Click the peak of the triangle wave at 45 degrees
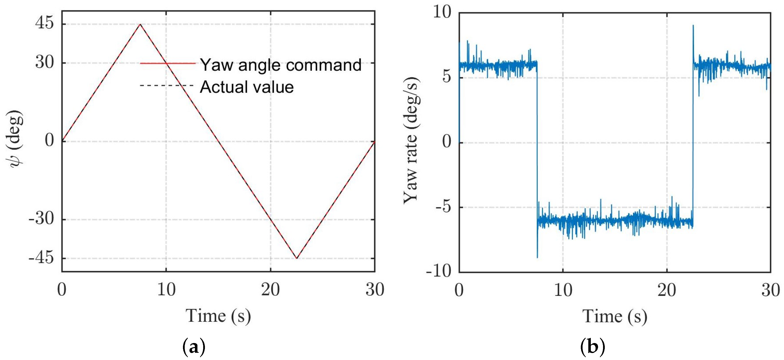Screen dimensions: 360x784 click(140, 24)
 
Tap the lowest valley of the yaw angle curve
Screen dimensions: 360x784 click(297, 258)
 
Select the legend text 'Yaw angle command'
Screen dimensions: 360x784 click(281, 65)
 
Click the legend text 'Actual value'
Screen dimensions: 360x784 click(247, 87)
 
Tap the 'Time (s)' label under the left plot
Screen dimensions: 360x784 click(218, 316)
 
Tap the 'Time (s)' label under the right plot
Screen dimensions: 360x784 click(615, 317)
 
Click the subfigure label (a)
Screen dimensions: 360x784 click(194, 347)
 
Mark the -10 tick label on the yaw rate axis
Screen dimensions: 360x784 click(439, 271)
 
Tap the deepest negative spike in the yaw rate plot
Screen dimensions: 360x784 click(537, 257)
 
